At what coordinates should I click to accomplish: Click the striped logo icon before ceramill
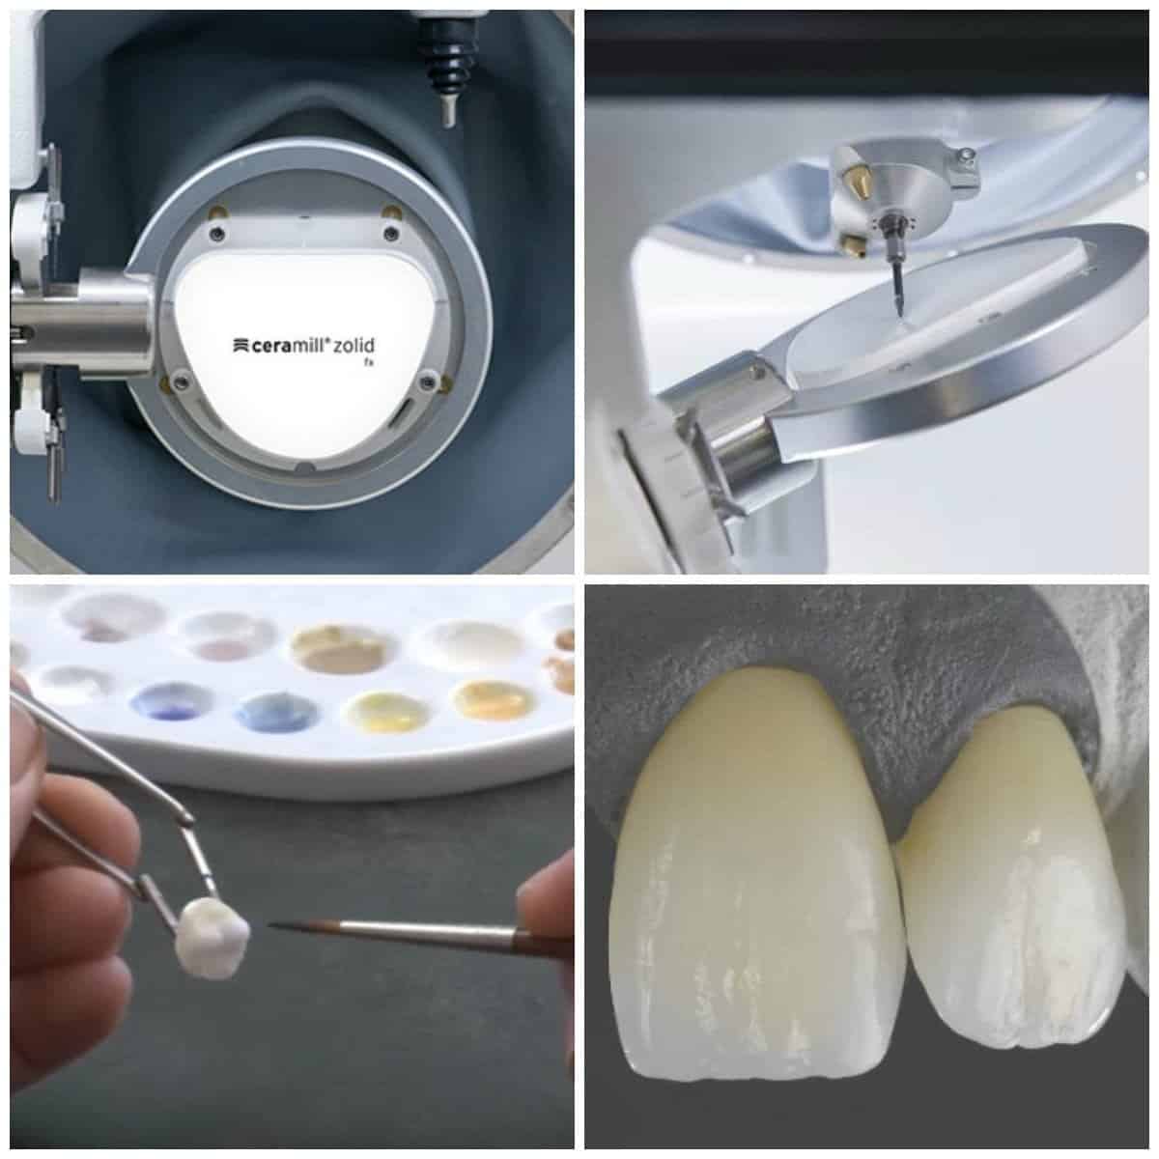(x=240, y=346)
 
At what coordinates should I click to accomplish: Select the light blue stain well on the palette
(x=276, y=711)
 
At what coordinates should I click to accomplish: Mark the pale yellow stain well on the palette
(x=388, y=712)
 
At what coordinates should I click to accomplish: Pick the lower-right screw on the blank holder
(x=428, y=381)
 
